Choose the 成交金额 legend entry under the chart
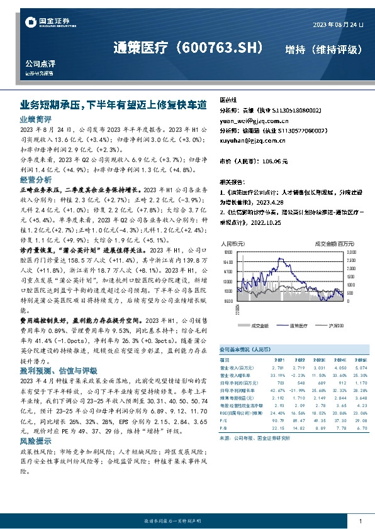(259, 325)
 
